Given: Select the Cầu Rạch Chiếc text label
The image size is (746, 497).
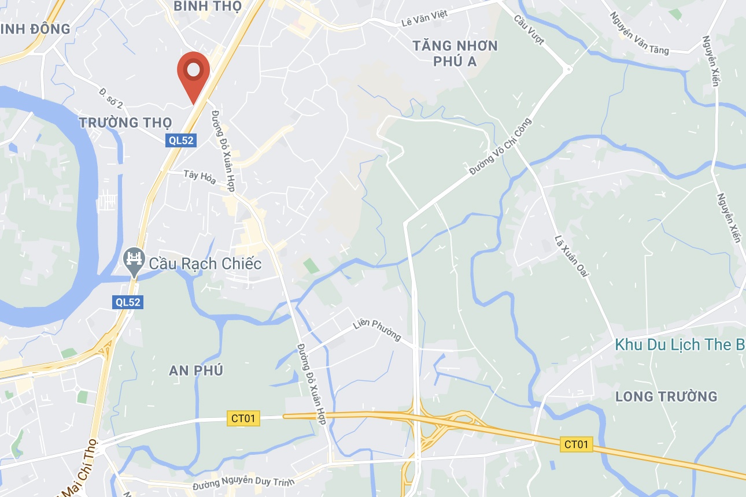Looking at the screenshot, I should (205, 264).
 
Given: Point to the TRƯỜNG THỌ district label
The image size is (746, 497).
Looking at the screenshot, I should (125, 123).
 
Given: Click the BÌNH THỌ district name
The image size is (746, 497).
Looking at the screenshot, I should (208, 6).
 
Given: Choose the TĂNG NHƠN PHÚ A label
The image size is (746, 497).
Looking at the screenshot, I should (456, 53).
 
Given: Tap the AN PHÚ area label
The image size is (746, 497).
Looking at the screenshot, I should (197, 370).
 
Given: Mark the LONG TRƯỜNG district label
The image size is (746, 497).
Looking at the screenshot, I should (666, 396).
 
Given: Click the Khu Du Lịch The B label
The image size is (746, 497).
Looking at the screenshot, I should (680, 345).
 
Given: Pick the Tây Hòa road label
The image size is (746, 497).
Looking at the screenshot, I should (200, 177).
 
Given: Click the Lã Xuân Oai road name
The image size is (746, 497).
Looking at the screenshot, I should (571, 255).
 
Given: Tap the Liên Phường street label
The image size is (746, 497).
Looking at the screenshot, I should (377, 331).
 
